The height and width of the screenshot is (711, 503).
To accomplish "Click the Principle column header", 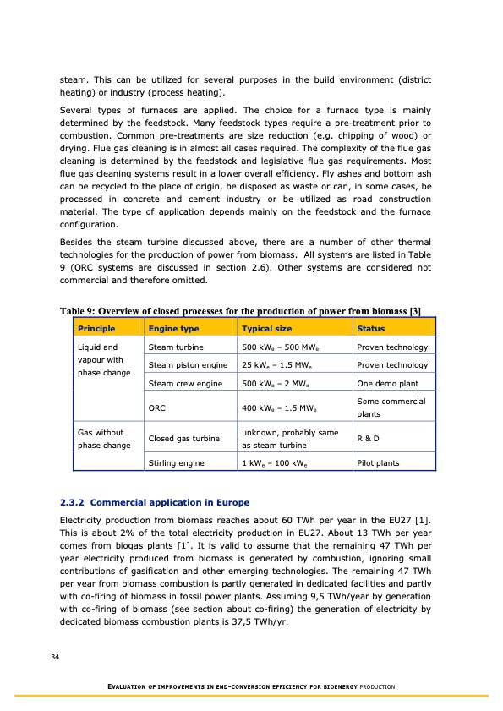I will (x=96, y=328).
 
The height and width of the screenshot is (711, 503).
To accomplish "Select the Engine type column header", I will (x=173, y=328).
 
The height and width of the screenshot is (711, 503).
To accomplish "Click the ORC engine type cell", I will (x=156, y=408).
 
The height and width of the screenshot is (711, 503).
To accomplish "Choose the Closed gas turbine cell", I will (x=180, y=439).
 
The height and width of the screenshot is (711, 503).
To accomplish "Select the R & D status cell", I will (x=369, y=439).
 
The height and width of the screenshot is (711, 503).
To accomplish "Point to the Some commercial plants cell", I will (x=391, y=407).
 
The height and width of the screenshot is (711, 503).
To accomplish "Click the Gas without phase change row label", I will (x=101, y=439).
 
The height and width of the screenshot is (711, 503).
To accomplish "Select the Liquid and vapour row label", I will (x=101, y=360).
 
